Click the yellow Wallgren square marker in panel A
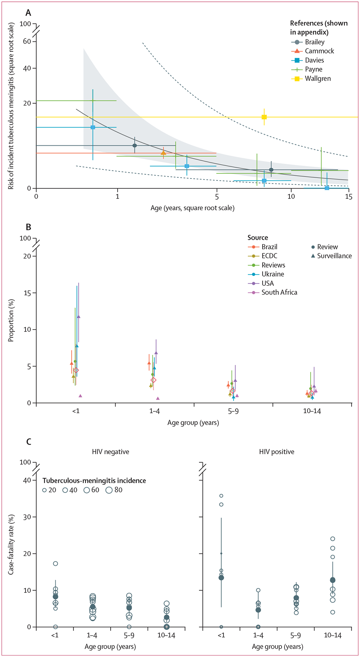click(x=264, y=117)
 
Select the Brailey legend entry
click(x=314, y=42)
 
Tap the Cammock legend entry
click(x=319, y=51)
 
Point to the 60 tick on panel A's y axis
click(x=27, y=42)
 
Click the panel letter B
click(x=28, y=227)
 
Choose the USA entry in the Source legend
click(x=267, y=283)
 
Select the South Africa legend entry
click(x=279, y=292)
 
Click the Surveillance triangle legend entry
click(x=334, y=256)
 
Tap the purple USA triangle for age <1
click(x=78, y=316)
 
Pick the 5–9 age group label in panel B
click(x=233, y=411)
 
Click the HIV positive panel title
click(x=277, y=452)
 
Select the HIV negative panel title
click(x=111, y=452)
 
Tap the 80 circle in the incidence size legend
click(x=109, y=490)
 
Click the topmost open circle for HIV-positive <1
click(x=221, y=496)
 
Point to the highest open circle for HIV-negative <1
click(x=55, y=564)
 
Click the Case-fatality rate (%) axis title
click(x=11, y=545)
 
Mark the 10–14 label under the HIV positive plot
click(x=333, y=635)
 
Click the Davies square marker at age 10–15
click(x=327, y=188)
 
